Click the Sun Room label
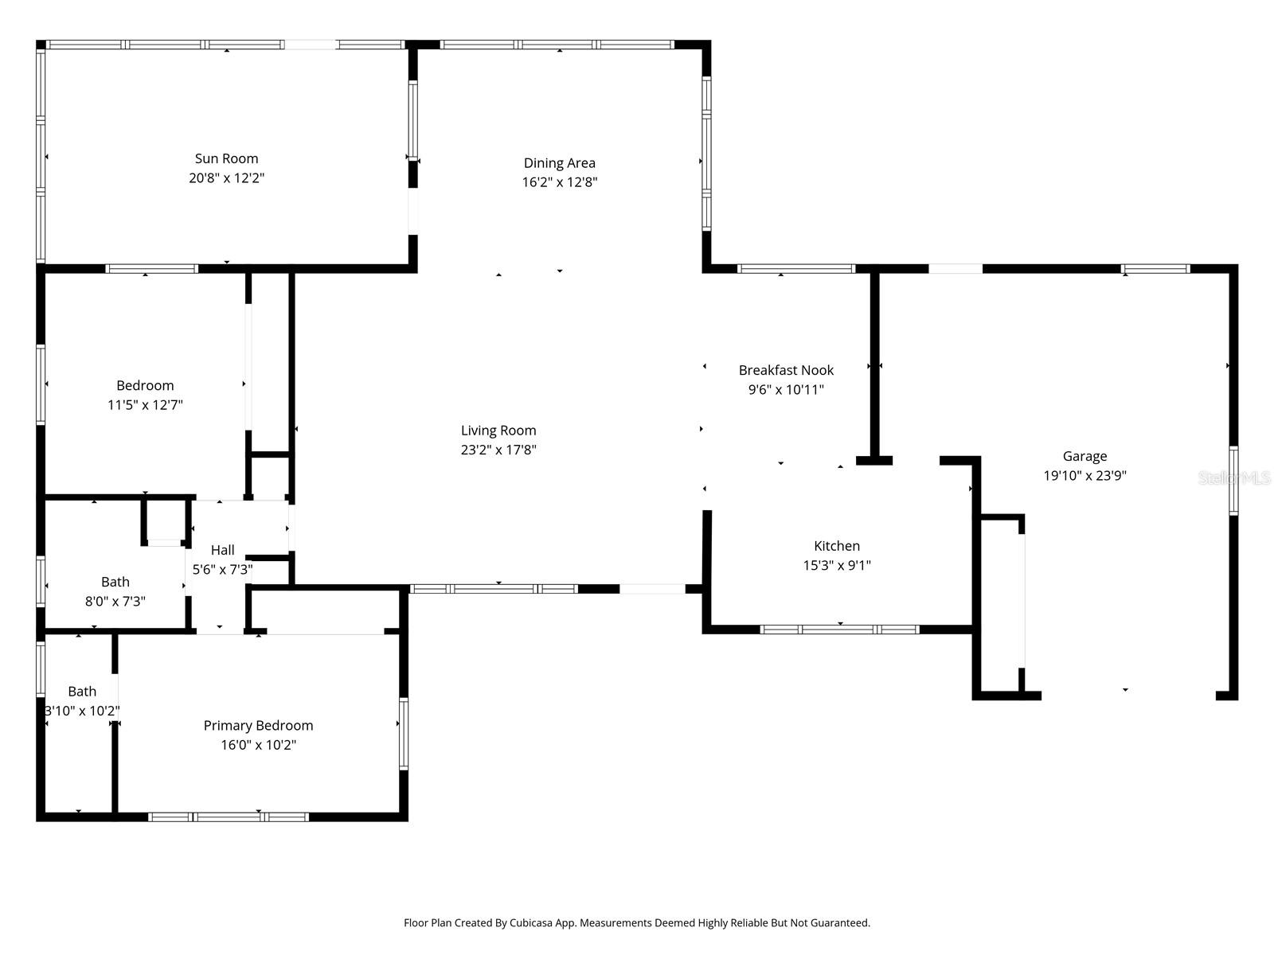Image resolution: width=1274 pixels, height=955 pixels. click(x=226, y=158)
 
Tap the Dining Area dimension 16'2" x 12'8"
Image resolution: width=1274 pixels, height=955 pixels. click(x=559, y=181)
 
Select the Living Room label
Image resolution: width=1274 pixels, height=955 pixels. click(x=498, y=431)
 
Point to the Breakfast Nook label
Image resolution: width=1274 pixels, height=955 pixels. click(x=786, y=370)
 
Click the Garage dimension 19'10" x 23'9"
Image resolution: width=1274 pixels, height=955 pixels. click(x=1084, y=476)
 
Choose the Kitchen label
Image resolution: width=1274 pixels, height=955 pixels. click(x=836, y=546)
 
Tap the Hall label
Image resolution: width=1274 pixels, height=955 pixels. click(x=222, y=550)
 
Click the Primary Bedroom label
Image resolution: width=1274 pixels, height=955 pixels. click(x=258, y=725)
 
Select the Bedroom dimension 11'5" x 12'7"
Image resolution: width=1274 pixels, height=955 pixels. click(x=145, y=405)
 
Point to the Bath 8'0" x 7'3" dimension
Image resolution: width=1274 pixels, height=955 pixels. click(x=115, y=602)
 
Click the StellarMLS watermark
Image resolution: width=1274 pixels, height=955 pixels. click(x=1234, y=478)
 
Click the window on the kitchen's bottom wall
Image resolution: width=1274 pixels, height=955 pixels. click(x=839, y=630)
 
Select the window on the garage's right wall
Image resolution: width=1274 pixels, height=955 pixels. click(x=1233, y=481)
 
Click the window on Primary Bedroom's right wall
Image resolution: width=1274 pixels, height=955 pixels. click(x=404, y=734)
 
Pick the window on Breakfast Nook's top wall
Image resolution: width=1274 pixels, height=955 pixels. click(x=795, y=269)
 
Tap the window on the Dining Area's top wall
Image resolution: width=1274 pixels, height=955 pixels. click(x=557, y=45)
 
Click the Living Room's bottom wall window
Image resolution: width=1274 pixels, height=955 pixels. click(x=493, y=589)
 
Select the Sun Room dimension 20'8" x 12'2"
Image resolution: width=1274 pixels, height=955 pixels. click(x=226, y=178)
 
